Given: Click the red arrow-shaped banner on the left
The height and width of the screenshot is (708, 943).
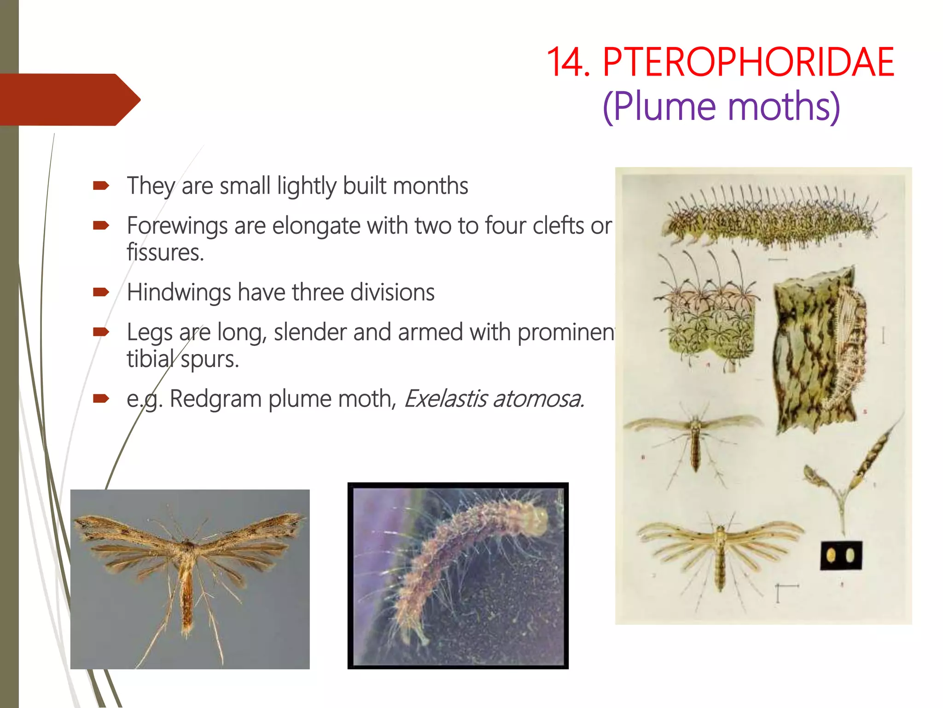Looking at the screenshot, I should pos(69,100).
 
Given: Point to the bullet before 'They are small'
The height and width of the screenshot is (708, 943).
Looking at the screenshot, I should pos(101,186).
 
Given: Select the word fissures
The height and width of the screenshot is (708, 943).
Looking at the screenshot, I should pos(165,253).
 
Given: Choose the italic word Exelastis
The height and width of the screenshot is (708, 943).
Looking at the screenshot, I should pos(445,399).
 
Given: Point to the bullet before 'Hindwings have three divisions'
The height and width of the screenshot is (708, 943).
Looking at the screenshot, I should pos(101,292).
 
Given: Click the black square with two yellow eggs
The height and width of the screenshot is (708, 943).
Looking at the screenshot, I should pos(841,555).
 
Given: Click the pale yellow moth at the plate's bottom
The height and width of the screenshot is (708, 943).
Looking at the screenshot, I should pos(720,553).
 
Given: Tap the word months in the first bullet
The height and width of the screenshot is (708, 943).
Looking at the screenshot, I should pos(431,186).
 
